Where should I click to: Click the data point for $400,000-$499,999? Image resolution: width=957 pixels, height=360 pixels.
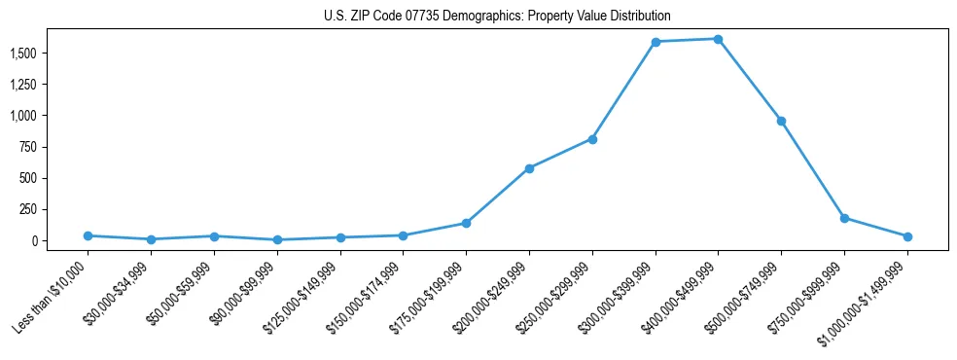(x=718, y=39)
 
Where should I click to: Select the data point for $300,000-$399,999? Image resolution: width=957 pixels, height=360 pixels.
(x=656, y=42)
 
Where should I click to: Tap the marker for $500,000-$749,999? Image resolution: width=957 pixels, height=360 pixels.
(x=781, y=121)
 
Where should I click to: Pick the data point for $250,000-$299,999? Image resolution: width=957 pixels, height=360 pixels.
(x=592, y=139)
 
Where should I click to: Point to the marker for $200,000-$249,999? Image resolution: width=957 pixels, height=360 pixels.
(x=529, y=168)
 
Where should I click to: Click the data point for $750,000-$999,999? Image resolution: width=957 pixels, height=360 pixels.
(x=844, y=218)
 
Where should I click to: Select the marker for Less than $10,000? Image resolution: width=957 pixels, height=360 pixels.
(x=89, y=235)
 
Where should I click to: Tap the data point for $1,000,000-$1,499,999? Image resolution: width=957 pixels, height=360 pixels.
(x=907, y=236)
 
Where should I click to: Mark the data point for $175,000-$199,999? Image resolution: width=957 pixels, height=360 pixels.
(x=466, y=223)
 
